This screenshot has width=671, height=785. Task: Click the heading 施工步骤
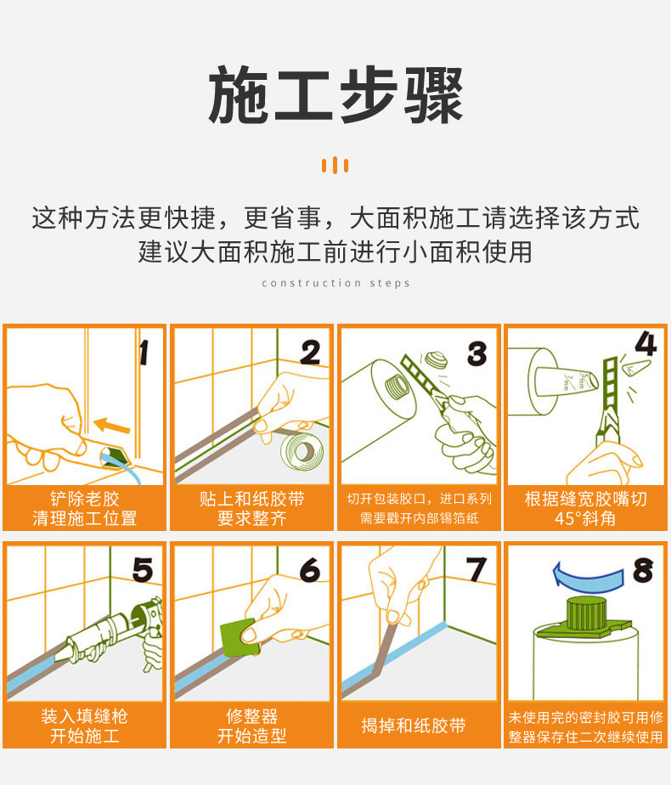(x=335, y=95)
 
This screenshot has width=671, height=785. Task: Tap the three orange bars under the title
(x=335, y=165)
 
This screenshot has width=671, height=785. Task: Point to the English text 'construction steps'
(x=335, y=284)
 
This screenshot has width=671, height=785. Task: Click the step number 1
(x=144, y=353)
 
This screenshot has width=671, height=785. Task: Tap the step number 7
(x=476, y=570)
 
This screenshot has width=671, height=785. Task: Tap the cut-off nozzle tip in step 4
(x=635, y=368)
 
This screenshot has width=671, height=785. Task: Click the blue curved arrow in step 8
(x=589, y=576)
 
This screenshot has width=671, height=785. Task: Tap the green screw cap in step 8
(x=586, y=614)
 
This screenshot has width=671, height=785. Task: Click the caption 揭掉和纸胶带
(x=414, y=726)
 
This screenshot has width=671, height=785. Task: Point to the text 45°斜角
(x=585, y=518)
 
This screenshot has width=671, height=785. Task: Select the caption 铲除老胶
(x=85, y=499)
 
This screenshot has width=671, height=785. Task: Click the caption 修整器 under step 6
(x=251, y=716)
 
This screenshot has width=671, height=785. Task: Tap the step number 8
(x=643, y=570)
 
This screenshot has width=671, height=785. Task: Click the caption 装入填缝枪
(x=85, y=716)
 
